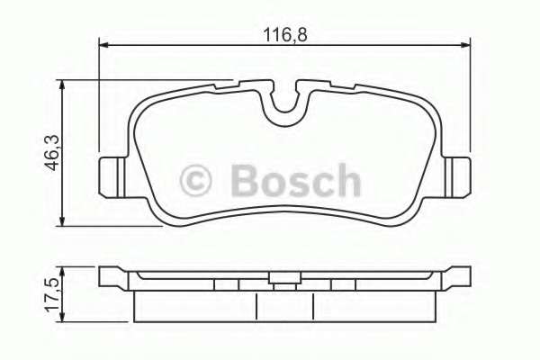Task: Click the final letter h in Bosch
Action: [x=345, y=179]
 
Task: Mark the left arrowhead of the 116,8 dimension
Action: [x=103, y=43]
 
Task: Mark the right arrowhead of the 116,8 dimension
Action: [x=466, y=43]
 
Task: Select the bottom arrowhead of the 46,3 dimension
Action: [x=62, y=222]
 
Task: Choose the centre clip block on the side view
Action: [x=285, y=284]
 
